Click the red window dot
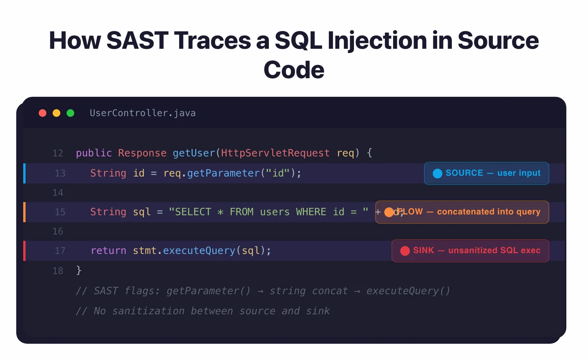coord(43,113)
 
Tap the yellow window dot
coord(56,113)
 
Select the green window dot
coord(70,113)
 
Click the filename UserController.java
coord(142,113)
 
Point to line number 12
coord(58,153)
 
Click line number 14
coord(58,193)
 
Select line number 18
coord(58,271)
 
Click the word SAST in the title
coord(137,40)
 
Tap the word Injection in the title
coord(377,40)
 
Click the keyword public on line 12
coord(94,153)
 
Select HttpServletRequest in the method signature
coord(275,153)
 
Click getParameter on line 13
coord(223,173)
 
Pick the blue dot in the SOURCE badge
coord(437,173)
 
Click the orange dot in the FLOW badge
coord(389,212)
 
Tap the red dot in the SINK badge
coord(405,251)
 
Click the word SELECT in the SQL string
coord(193,212)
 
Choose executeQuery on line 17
coord(199,251)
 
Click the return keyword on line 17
coord(108,251)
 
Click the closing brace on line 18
coord(79,270)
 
